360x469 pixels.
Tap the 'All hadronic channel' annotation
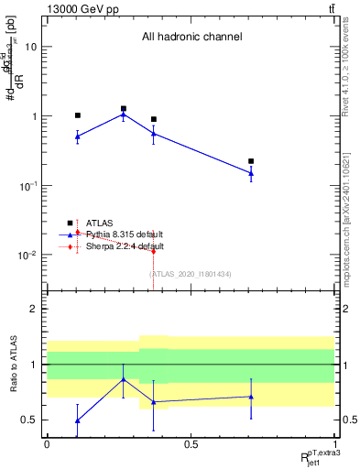tap(191, 38)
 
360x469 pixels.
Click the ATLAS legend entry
tap(101, 223)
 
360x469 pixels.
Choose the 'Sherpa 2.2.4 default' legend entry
tap(125, 246)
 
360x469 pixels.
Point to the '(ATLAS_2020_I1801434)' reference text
tap(191, 274)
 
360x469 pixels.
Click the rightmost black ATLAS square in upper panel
tap(251, 161)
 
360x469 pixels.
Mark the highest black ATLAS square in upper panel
tap(124, 108)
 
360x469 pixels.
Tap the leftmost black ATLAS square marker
tap(78, 115)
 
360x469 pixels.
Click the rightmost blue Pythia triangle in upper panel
tap(251, 173)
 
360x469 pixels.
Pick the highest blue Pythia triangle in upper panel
tap(124, 115)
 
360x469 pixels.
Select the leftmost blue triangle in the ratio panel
tap(78, 420)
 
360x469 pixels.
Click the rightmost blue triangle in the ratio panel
tap(251, 397)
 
